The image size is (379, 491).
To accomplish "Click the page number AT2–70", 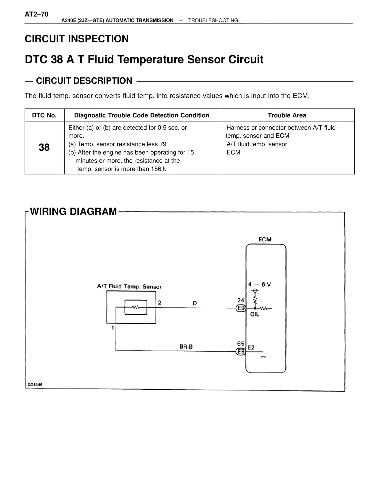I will click(36, 14).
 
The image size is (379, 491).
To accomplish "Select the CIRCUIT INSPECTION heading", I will click(77, 39).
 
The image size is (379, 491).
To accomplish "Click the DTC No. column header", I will click(44, 115).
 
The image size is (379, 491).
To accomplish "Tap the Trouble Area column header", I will click(287, 115).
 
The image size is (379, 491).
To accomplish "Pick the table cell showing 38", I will click(44, 147).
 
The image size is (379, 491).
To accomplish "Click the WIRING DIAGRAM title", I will click(73, 212).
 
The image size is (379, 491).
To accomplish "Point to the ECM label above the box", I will click(265, 239).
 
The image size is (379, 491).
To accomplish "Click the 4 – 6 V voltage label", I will click(259, 284).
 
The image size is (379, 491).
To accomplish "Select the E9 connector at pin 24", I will click(241, 308).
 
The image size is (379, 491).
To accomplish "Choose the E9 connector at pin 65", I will click(241, 352).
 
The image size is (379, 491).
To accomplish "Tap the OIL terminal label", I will click(255, 315).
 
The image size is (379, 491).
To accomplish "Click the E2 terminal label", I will click(251, 347).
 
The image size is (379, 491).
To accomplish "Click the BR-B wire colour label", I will click(186, 346).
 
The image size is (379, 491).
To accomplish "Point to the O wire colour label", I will click(195, 303).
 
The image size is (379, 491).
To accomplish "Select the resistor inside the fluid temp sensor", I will click(136, 307).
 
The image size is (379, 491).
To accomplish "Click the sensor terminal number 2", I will click(160, 302).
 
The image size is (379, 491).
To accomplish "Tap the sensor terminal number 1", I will click(113, 328).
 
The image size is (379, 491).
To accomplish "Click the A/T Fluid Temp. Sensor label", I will click(129, 287).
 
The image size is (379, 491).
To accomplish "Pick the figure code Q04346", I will click(35, 385).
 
